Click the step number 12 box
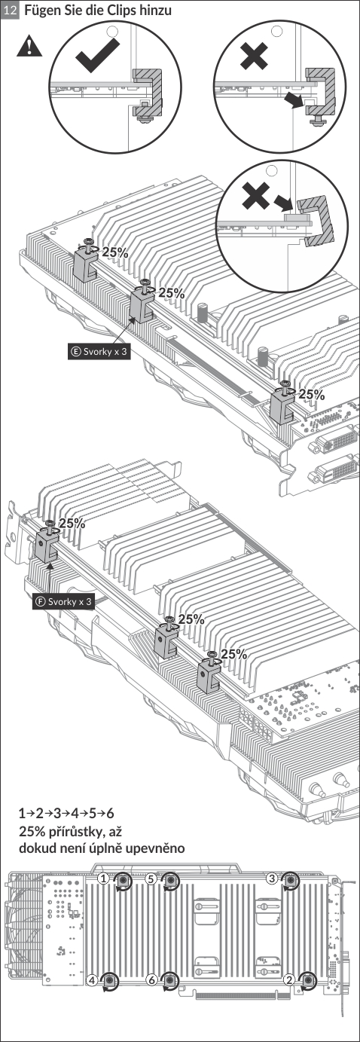[11, 10]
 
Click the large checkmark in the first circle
[97, 55]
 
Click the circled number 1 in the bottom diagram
[104, 879]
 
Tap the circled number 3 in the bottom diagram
[272, 879]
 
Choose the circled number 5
[150, 879]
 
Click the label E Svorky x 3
[98, 351]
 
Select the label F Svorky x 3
[63, 601]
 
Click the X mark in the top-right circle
[254, 56]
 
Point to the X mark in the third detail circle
[255, 195]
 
